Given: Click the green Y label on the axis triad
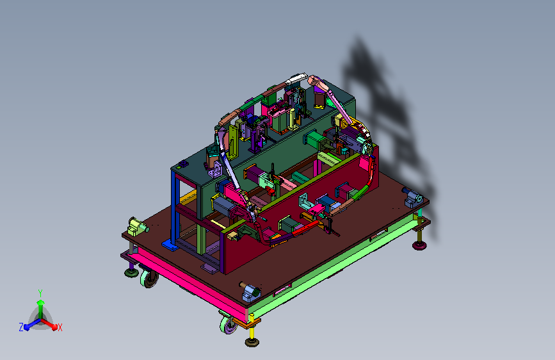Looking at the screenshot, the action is [40, 293].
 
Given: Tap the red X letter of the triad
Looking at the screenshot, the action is [60, 327].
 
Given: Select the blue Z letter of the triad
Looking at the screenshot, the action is [21, 327].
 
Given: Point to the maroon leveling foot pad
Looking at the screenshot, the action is [419, 245].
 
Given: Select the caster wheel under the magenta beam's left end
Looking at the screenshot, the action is [149, 279].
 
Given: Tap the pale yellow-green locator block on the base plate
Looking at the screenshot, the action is [137, 226].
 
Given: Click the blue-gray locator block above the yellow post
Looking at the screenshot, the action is [252, 293].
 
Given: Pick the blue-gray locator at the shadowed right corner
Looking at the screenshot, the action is [413, 198].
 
